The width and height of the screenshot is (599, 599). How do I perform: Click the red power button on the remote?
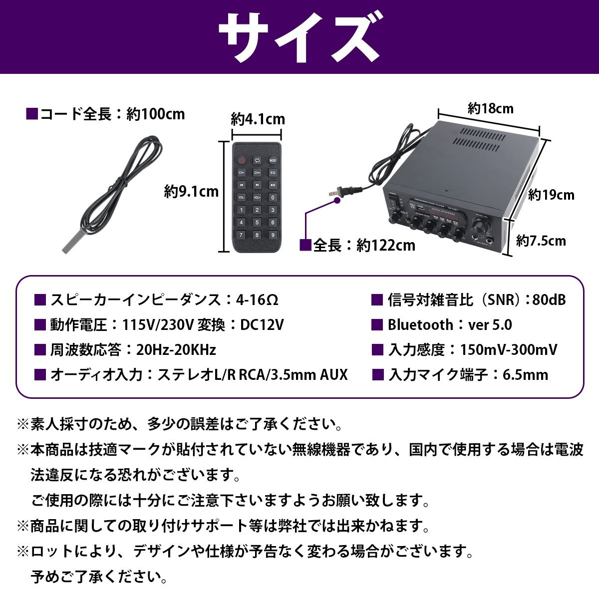pyautogui.click(x=241, y=161)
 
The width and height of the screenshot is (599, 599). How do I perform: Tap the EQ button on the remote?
pyautogui.click(x=273, y=173)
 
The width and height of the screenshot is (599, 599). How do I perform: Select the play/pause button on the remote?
pyautogui.click(x=273, y=185)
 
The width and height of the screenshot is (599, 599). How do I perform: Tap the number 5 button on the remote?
pyautogui.click(x=257, y=223)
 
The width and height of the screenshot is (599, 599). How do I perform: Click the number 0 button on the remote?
pyautogui.click(x=273, y=198)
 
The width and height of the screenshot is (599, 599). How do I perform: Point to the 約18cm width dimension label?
pyautogui.click(x=490, y=108)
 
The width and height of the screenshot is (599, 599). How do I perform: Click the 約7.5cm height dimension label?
pyautogui.click(x=541, y=241)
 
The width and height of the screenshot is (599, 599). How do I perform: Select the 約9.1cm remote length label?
pyautogui.click(x=191, y=191)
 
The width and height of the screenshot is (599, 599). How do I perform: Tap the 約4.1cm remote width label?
pyautogui.click(x=258, y=120)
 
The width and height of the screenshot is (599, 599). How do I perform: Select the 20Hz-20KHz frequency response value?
pyautogui.click(x=176, y=350)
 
